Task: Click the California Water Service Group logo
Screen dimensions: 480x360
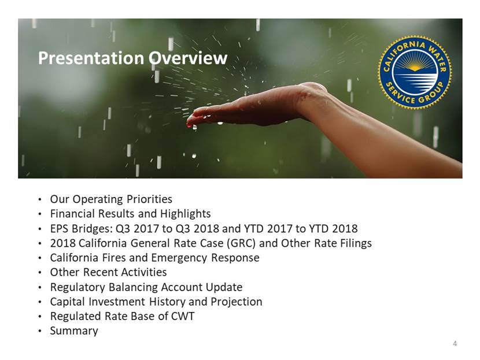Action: [415, 72]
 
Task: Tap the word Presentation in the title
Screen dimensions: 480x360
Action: [91, 58]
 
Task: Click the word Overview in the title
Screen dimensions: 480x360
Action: [188, 58]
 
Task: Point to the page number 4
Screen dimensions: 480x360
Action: [455, 343]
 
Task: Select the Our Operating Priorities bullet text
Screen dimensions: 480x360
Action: [111, 199]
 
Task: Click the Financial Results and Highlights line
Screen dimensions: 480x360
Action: [130, 213]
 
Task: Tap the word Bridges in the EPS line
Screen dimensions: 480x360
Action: [89, 228]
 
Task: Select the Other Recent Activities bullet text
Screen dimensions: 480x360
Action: [108, 272]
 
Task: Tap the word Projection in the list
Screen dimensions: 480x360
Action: [237, 302]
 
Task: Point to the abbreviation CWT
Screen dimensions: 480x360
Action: [182, 316]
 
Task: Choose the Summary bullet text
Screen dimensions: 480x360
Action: [74, 331]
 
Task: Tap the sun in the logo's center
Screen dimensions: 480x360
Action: [415, 67]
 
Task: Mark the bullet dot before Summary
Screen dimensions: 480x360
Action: [40, 331]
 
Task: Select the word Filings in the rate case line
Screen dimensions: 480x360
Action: [356, 243]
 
